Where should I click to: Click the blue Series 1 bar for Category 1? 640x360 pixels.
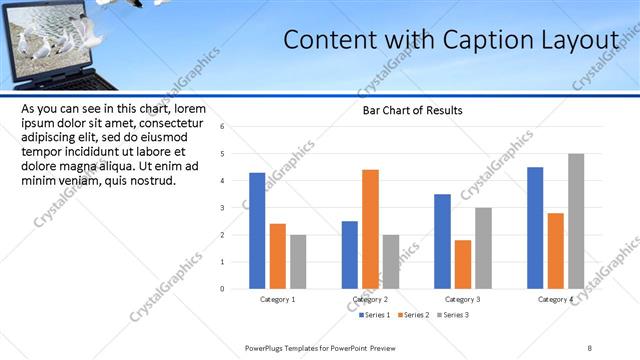[x=257, y=231]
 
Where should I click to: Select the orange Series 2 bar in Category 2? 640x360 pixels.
[x=370, y=229]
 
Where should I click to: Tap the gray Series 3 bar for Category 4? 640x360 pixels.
[x=576, y=221]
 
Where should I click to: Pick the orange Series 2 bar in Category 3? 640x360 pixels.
[x=462, y=264]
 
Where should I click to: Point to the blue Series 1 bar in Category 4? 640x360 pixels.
[x=535, y=228]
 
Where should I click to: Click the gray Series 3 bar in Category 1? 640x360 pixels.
[x=298, y=262]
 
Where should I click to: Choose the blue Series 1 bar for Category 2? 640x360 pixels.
[x=349, y=255]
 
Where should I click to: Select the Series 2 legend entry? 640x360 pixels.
[x=412, y=315]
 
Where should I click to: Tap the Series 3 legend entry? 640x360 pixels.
[x=451, y=315]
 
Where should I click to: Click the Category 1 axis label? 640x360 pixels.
[x=277, y=300]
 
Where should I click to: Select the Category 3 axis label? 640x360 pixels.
[x=463, y=300]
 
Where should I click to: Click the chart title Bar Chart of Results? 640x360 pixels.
[x=413, y=110]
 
